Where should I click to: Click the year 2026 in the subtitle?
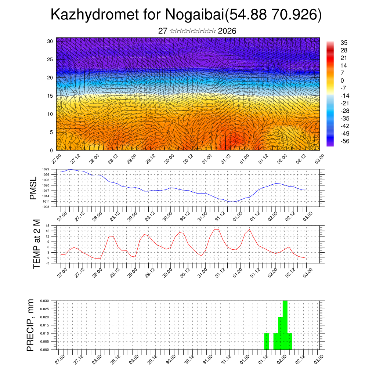[227, 31]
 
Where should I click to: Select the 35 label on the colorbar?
[344, 43]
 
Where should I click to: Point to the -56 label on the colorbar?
[346, 141]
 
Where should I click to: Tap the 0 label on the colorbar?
[342, 80]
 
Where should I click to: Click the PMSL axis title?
[33, 188]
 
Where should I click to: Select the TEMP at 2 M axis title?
[36, 244]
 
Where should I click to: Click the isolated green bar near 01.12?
[267, 341]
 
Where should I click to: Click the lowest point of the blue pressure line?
[231, 202]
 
